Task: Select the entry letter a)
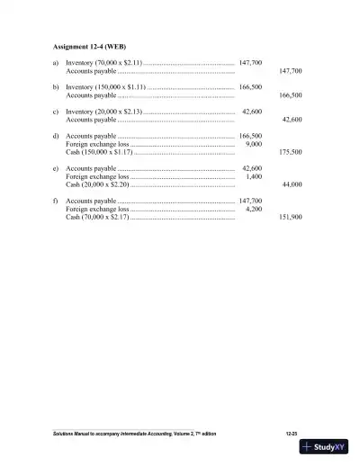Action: [57, 63]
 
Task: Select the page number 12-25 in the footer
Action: [292, 434]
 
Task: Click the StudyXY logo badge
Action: [328, 447]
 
